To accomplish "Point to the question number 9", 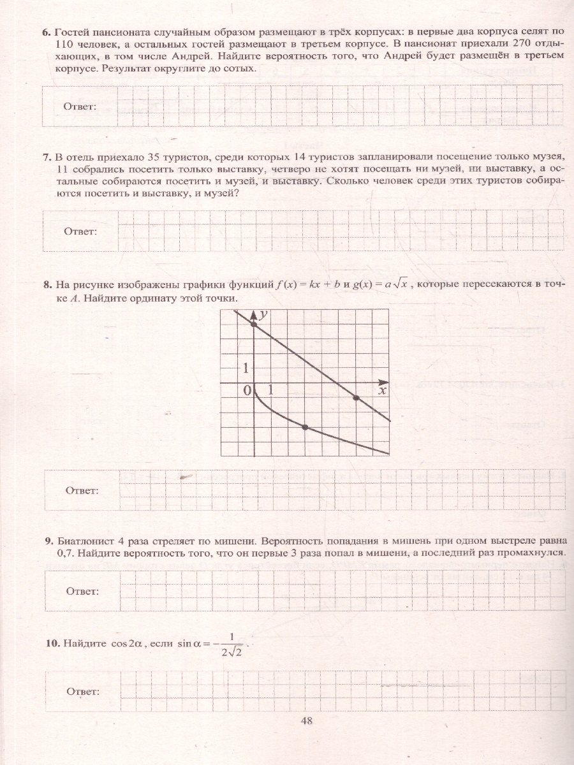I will tap(49, 541).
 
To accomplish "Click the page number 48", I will tap(306, 721).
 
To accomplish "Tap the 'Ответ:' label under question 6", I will tap(80, 106).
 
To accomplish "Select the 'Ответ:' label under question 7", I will tap(80, 231).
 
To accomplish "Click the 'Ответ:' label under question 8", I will tap(82, 490).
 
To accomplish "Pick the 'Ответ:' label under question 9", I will tap(82, 591).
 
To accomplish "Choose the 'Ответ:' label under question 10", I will tap(82, 692).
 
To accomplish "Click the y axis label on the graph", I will tap(263, 314).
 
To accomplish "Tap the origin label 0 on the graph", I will tap(247, 391).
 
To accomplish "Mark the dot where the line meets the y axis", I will tap(254, 324).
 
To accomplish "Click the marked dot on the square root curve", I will tap(305, 427).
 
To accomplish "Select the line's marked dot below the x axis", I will tap(356, 398).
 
